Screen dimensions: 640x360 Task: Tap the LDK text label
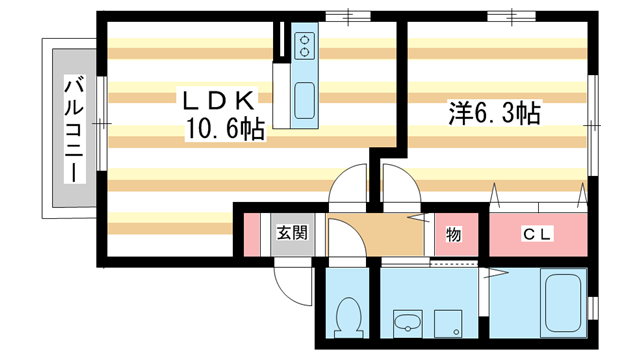coord(221,100)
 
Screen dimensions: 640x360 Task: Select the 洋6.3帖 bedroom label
coord(493,113)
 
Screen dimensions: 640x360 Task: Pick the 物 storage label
coord(453,235)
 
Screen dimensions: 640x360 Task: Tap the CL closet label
coord(537,235)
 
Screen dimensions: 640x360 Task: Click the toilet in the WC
coord(347,319)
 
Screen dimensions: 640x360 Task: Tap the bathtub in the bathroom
coord(564,302)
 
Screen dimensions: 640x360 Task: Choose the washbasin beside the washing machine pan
coord(406,322)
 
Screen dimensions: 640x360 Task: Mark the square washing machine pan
coord(447,322)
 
